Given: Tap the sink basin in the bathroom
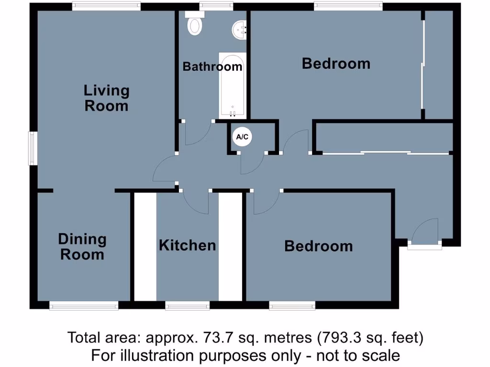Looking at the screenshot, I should [239, 30].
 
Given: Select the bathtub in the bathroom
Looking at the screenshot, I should [233, 85].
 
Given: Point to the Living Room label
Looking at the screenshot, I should [106, 98].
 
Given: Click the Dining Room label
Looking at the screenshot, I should [82, 247].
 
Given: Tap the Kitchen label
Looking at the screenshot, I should [187, 246].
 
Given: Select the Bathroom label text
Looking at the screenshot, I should [212, 66].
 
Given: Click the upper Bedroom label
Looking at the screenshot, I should [336, 64].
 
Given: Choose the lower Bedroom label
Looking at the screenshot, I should [318, 246].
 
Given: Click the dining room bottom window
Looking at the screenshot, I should [84, 305].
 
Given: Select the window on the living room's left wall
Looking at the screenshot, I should [32, 149].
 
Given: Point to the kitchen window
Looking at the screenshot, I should [188, 305].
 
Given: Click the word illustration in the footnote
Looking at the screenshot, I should [153, 356].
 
